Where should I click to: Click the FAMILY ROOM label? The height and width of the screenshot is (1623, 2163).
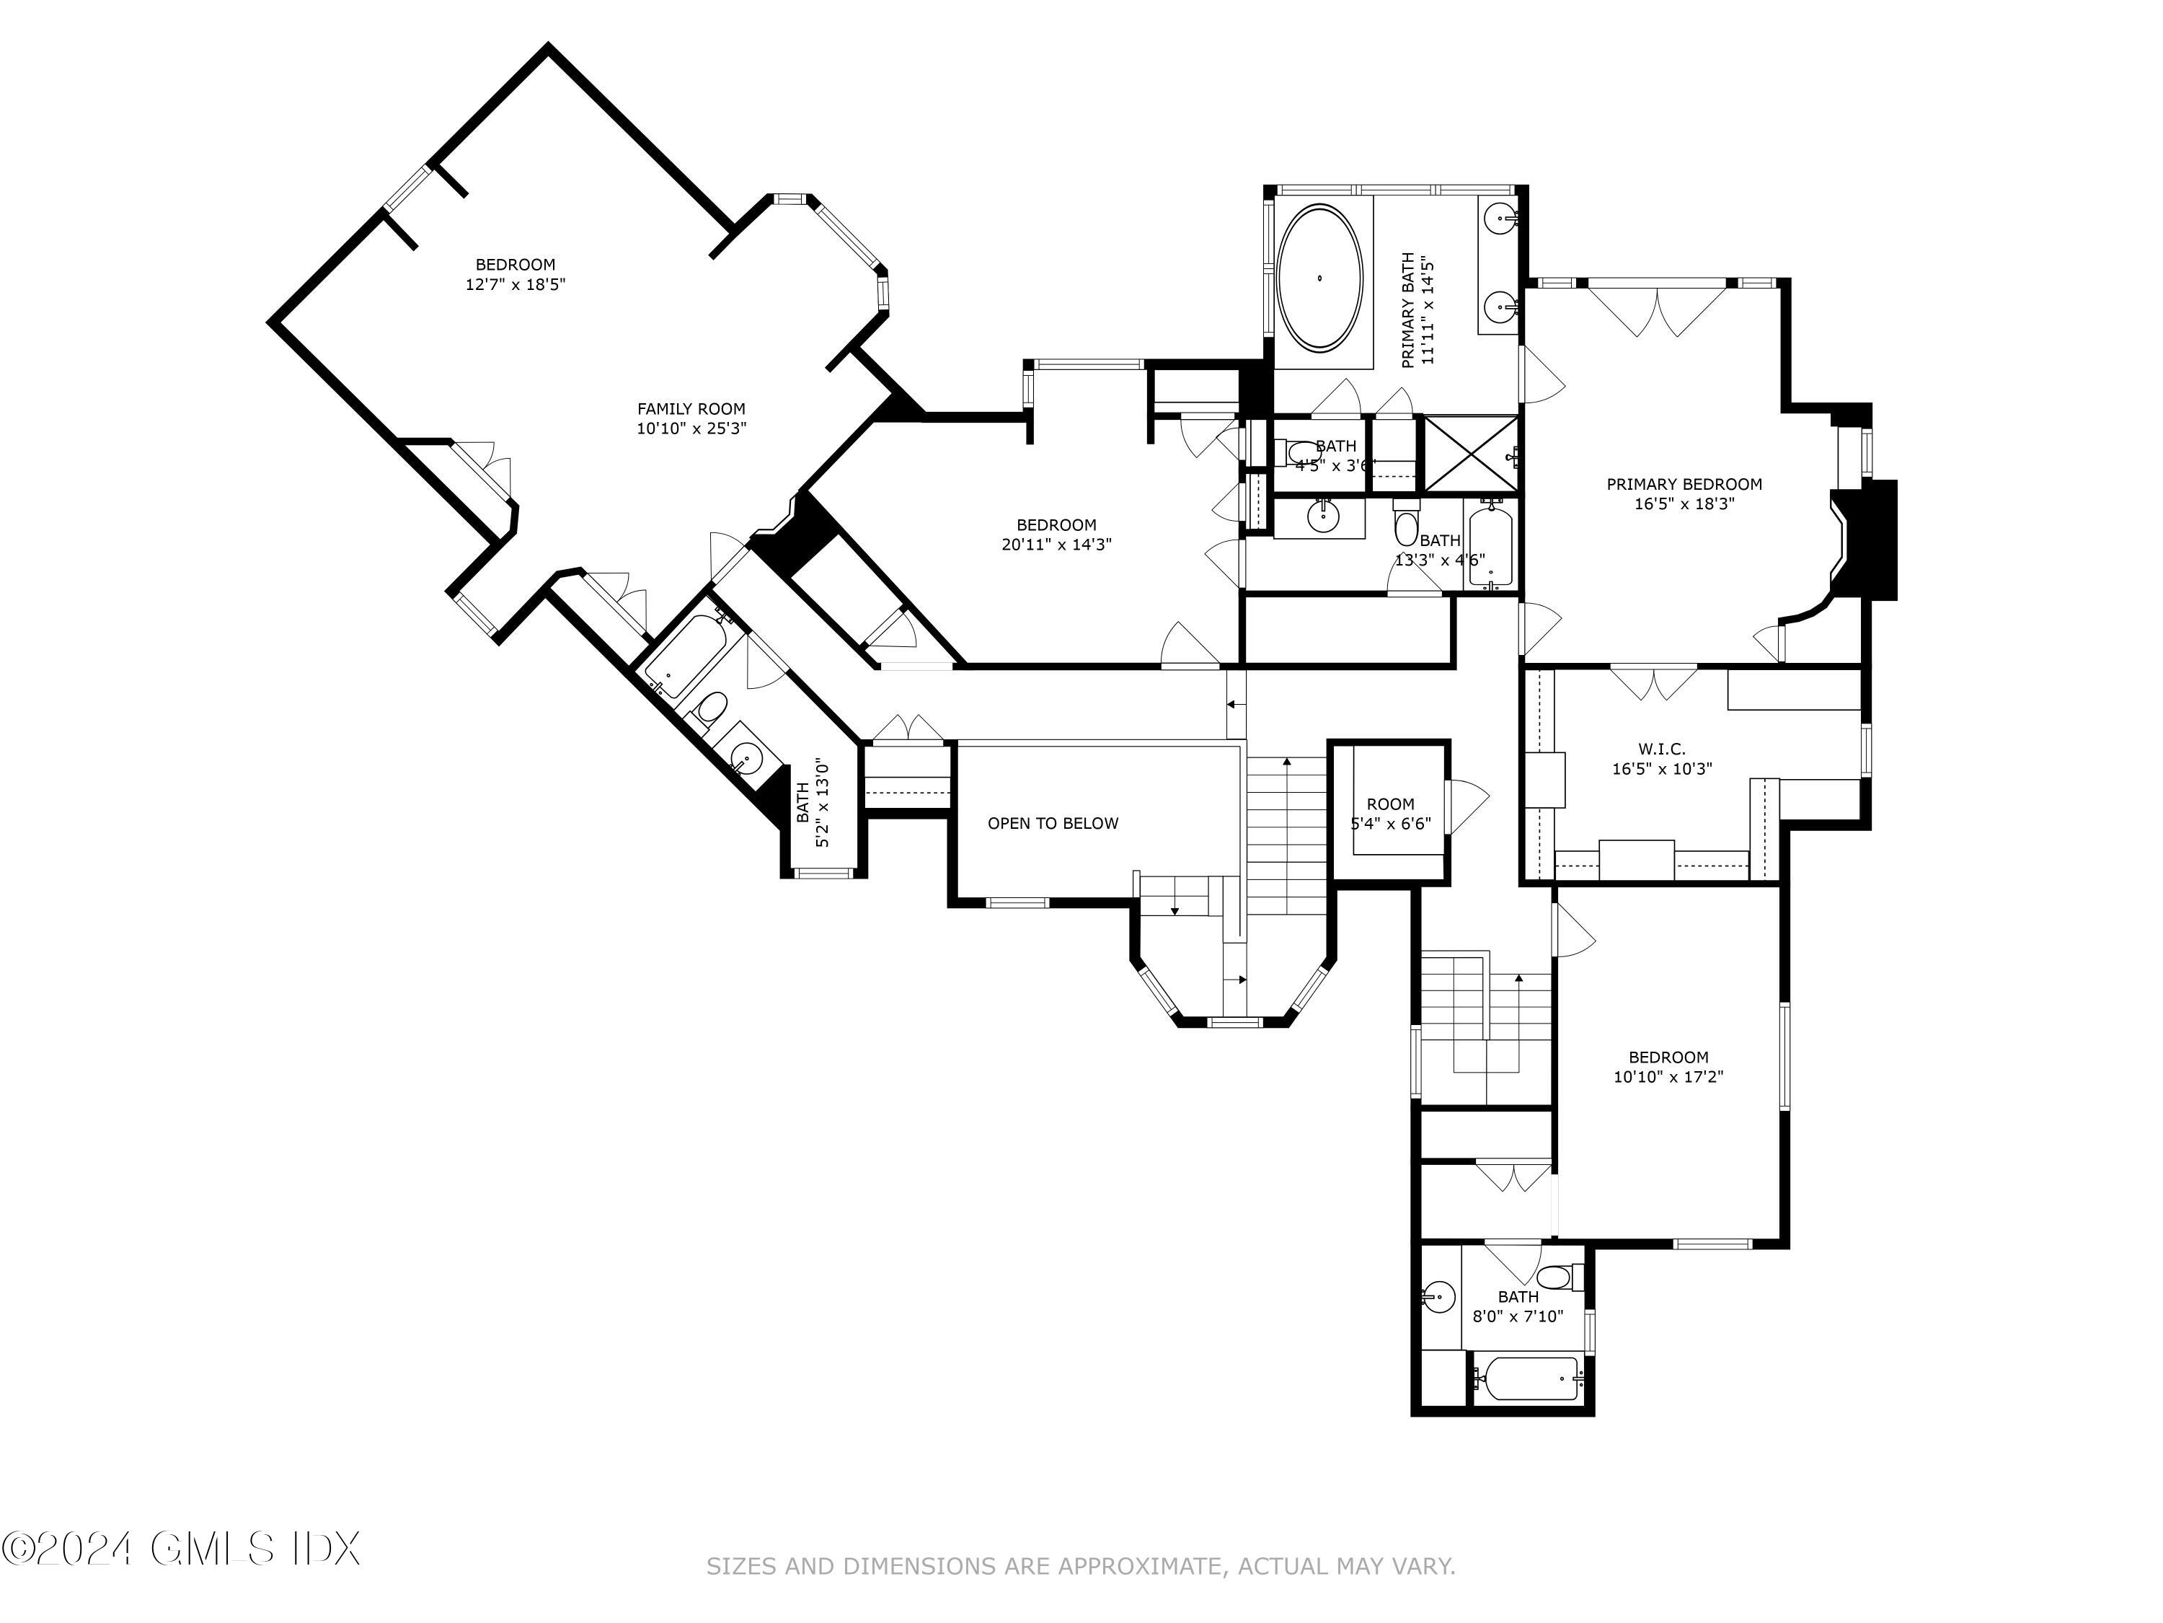tap(691, 409)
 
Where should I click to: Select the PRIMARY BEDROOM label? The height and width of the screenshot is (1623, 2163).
tap(1684, 483)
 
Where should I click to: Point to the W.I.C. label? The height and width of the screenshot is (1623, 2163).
tap(1663, 749)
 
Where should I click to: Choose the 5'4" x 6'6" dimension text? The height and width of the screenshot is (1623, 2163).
tap(1391, 824)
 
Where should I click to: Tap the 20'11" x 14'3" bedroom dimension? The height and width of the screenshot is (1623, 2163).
tap(1056, 545)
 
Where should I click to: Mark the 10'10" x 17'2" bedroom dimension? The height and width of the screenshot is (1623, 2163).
tap(1668, 1077)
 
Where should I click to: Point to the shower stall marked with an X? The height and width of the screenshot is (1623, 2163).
tap(1469, 454)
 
